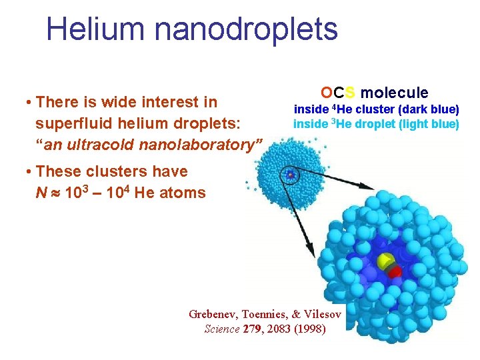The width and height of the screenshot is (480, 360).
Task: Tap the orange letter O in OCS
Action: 325,93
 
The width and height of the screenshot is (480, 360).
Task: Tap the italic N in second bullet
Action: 40,194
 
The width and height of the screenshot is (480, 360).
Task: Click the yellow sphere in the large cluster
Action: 384,262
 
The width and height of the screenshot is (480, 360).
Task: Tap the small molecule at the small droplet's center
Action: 291,175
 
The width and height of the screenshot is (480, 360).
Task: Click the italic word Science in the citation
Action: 221,329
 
